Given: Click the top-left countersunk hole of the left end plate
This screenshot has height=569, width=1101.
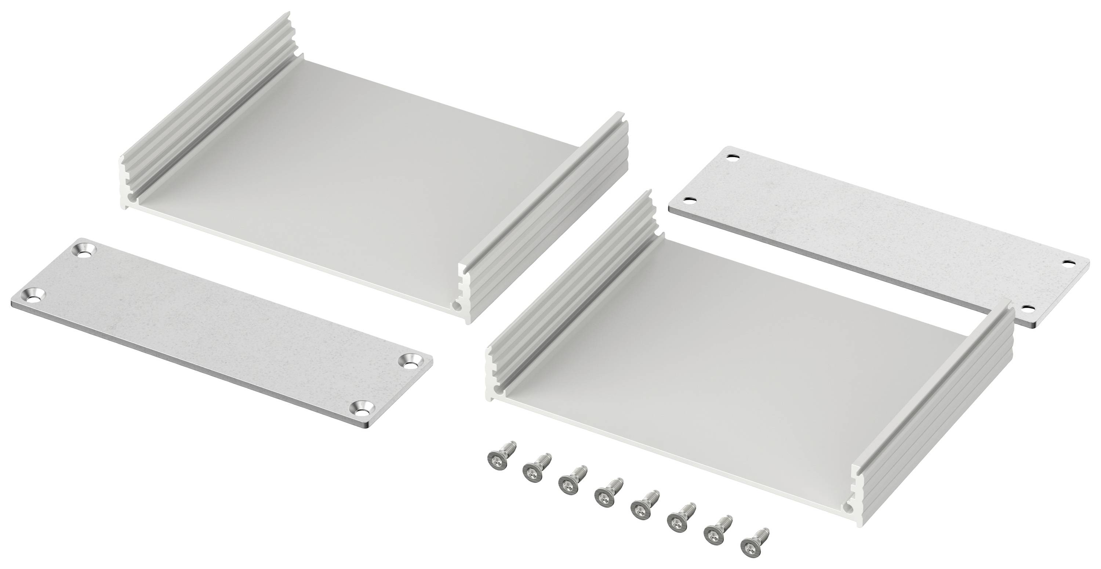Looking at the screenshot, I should pos(86,250).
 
